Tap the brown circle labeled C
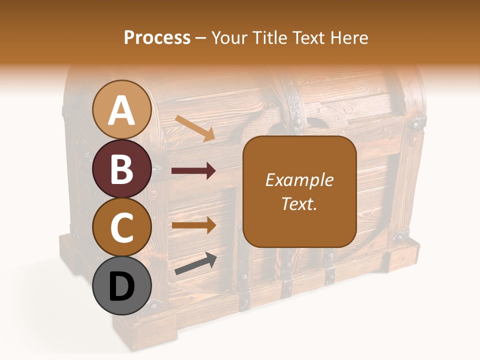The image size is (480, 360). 122,227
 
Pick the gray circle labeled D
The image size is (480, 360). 122,286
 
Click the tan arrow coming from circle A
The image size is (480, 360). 195,128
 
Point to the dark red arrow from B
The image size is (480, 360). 193,171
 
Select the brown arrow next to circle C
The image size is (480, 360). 193,225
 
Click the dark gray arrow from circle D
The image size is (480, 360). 195,263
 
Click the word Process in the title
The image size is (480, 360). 157,37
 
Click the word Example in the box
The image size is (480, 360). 299,180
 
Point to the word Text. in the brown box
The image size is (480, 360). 299,203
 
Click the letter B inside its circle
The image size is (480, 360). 122,169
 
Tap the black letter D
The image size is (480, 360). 122,287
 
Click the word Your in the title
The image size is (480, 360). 231,37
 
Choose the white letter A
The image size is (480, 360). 122,110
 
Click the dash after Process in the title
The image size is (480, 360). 201,38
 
